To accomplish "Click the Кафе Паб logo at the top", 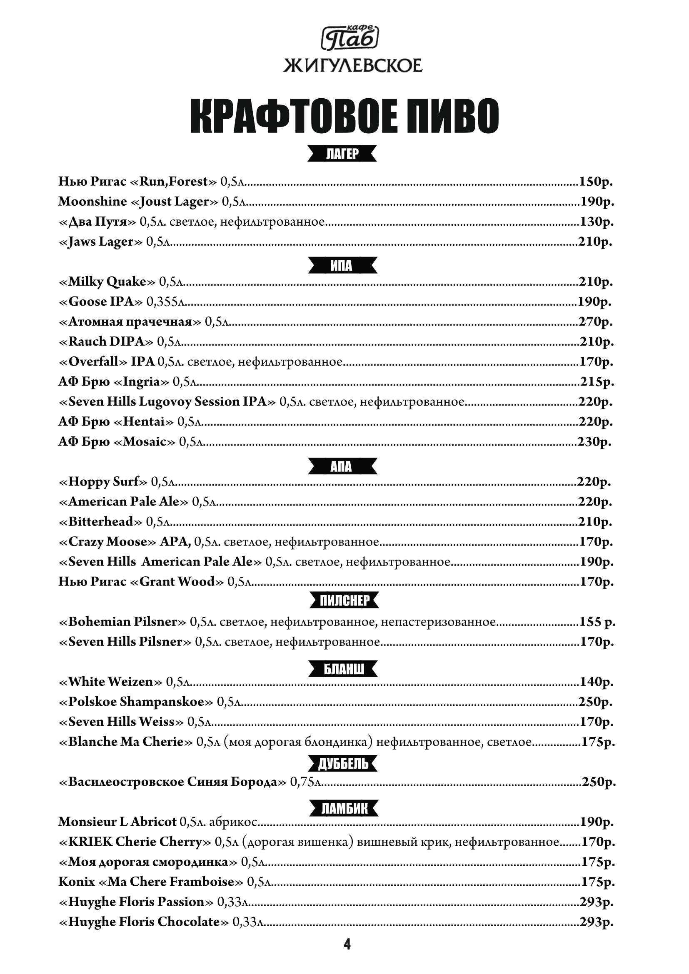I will (x=350, y=37).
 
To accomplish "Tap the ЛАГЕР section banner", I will (x=342, y=154).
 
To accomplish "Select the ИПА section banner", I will (x=342, y=266).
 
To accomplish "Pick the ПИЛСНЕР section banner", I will (x=344, y=601).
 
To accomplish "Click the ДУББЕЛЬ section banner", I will (x=343, y=764).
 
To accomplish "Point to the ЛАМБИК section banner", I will (x=344, y=809).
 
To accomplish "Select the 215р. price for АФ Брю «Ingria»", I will (x=597, y=382).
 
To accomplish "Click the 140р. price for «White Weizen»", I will (x=597, y=682).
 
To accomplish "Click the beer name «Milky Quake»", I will (x=108, y=281).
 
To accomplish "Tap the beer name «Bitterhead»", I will (x=101, y=521).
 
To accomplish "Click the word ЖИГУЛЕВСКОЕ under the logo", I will (x=352, y=66).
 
